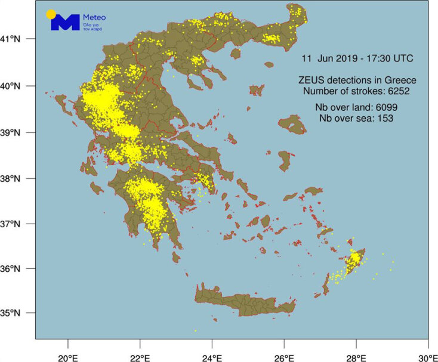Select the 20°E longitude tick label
(67, 350)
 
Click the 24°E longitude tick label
(212, 350)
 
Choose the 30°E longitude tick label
(428, 350)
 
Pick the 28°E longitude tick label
(356, 350)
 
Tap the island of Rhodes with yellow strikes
(354, 260)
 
